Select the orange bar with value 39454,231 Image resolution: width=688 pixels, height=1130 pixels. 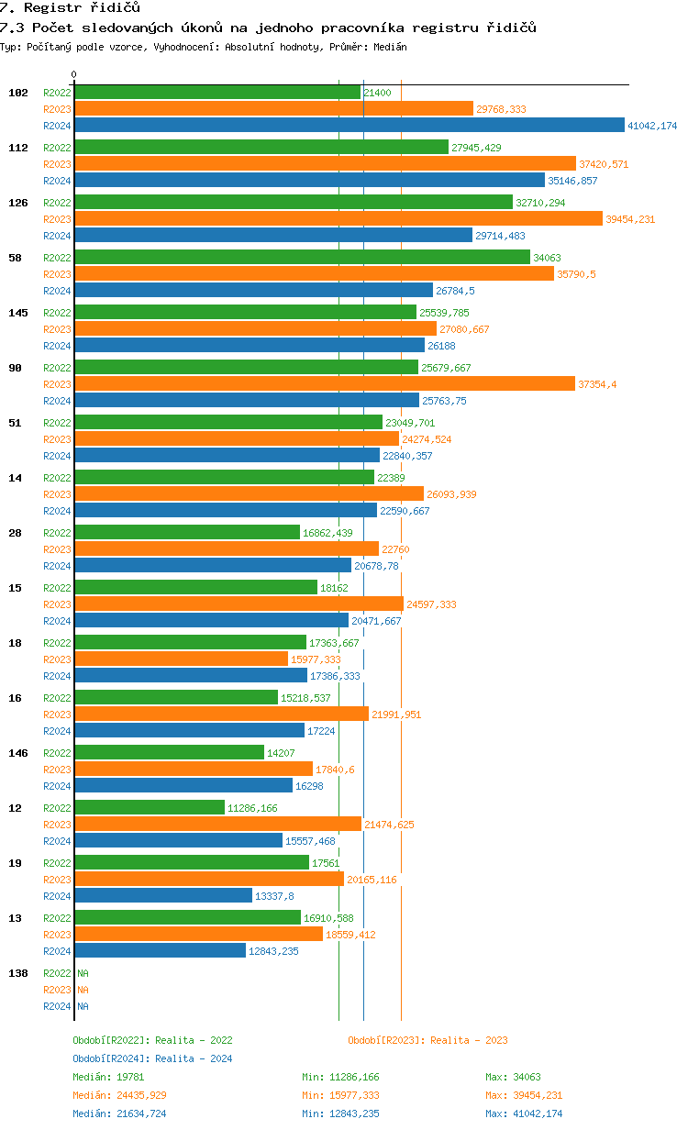(338, 219)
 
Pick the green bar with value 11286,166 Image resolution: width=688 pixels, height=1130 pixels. (150, 808)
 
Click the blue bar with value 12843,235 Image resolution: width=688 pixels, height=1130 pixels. (160, 951)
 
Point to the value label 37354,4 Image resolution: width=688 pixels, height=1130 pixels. (597, 384)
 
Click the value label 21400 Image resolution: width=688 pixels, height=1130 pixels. (377, 93)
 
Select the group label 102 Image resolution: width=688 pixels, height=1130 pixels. (18, 93)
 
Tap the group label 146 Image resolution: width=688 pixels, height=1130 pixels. (18, 753)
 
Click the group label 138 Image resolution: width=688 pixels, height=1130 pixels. (18, 973)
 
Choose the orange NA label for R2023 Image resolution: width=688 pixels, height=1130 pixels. (83, 990)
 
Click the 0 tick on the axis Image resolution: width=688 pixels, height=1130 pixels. (74, 75)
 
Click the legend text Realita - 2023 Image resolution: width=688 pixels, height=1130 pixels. (469, 1040)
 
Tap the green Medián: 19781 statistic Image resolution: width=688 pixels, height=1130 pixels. (105, 1077)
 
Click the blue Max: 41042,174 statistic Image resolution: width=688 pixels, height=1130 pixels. (524, 1113)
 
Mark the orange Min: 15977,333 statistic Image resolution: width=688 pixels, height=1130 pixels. (340, 1095)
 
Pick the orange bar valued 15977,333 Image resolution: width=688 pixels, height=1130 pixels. (181, 659)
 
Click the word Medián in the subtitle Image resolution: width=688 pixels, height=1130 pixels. (390, 47)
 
